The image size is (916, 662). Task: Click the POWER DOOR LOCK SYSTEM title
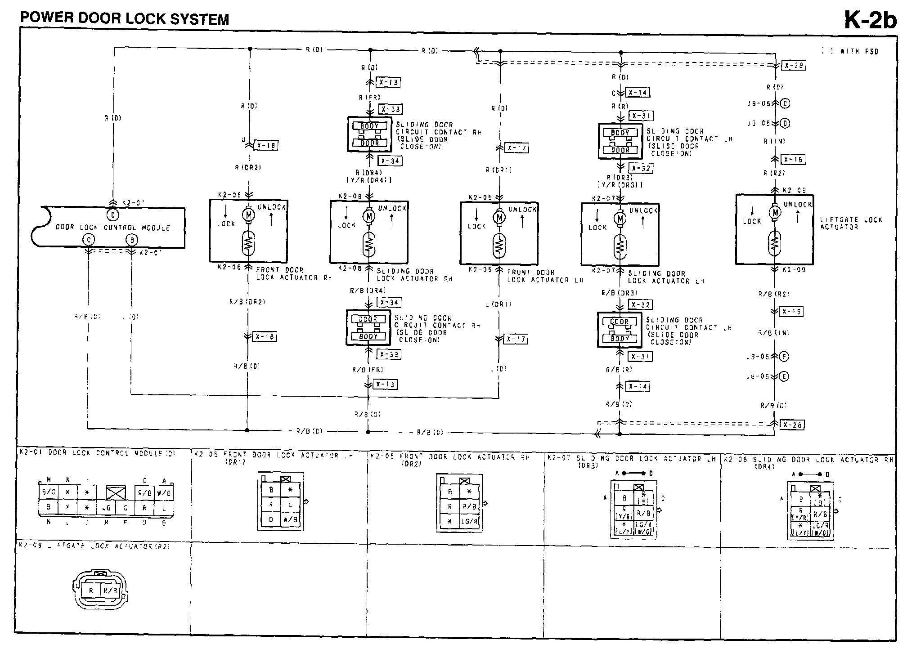click(x=125, y=18)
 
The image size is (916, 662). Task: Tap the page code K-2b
click(x=870, y=19)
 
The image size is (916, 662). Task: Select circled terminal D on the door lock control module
click(x=113, y=215)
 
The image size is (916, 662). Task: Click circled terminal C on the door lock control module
click(x=89, y=240)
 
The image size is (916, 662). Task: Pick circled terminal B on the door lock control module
click(x=131, y=240)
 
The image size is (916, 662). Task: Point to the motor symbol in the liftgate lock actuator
click(x=775, y=212)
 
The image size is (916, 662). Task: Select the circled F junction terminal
click(x=784, y=357)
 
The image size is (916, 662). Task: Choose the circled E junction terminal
click(x=784, y=377)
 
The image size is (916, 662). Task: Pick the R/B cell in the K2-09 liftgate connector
click(x=110, y=590)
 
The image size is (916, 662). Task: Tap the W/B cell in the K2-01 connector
click(x=164, y=493)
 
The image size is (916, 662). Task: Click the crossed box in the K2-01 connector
click(x=116, y=492)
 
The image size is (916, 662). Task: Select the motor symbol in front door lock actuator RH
click(x=248, y=215)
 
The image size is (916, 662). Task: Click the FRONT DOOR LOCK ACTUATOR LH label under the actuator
click(x=544, y=276)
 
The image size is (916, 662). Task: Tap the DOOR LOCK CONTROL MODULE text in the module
click(x=113, y=228)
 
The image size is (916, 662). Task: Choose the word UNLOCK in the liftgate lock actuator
click(x=798, y=205)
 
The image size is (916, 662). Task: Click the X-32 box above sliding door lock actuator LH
click(x=641, y=168)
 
